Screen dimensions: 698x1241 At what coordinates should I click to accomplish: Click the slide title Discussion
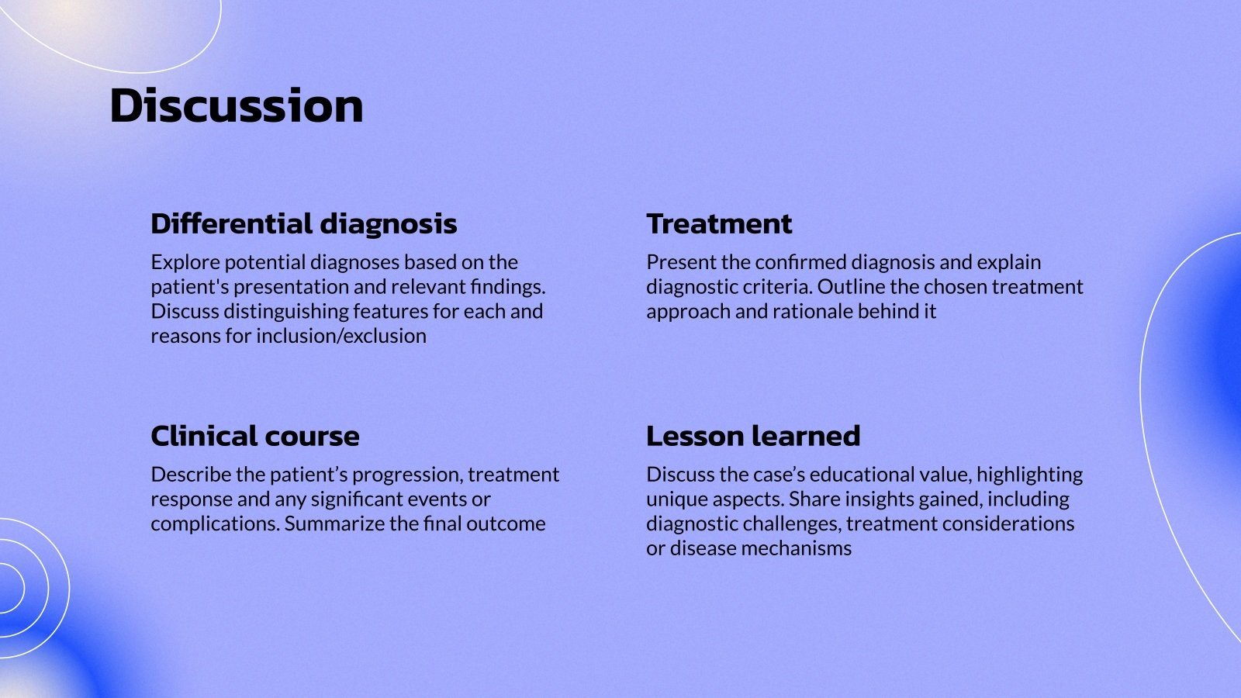pyautogui.click(x=236, y=105)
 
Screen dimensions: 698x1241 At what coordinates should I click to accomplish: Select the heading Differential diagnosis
pyautogui.click(x=303, y=223)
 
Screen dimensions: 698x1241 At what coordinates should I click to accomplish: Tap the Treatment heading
pyautogui.click(x=718, y=223)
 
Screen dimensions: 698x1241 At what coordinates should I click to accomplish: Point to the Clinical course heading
pyautogui.click(x=254, y=436)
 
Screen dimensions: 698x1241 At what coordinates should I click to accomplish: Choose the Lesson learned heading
pyautogui.click(x=752, y=436)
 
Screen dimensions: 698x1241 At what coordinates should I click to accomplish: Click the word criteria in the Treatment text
pyautogui.click(x=780, y=287)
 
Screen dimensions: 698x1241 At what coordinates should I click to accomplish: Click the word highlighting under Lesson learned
pyautogui.click(x=1029, y=475)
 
